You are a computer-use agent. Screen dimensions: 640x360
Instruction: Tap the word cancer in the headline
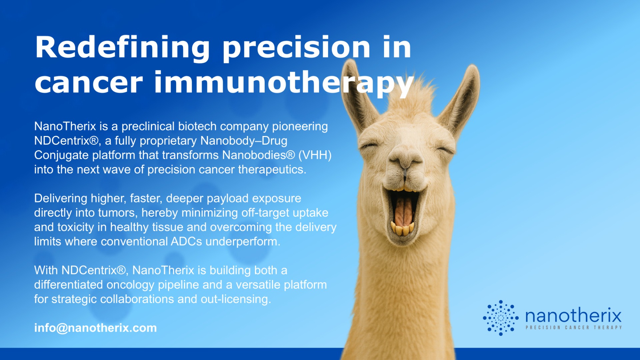89,83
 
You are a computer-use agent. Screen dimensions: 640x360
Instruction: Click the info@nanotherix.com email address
95,328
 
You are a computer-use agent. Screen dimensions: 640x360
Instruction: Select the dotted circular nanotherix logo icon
501,318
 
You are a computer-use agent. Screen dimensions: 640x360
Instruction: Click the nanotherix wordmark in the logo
573,315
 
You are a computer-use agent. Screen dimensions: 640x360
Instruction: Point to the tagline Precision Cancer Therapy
574,328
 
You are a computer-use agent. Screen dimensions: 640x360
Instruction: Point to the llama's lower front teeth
402,229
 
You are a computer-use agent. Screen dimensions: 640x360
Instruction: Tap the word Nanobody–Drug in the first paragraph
244,141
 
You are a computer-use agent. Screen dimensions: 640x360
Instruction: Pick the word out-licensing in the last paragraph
236,299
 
